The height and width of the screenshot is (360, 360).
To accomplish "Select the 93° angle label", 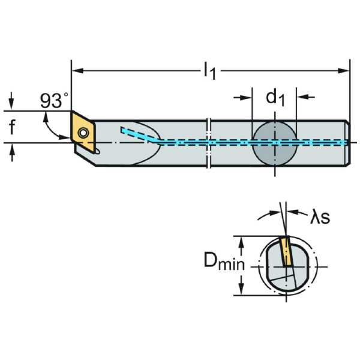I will [55, 101].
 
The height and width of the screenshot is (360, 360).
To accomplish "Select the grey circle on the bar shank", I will [274, 142].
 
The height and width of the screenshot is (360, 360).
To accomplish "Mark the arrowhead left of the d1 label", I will [247, 96].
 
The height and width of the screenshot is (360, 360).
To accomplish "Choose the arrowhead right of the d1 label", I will [302, 96].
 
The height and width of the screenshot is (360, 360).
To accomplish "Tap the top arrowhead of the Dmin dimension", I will [242, 240].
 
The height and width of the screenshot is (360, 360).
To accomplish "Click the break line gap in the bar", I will [208, 142].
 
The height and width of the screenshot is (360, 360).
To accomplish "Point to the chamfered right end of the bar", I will [347, 142].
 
